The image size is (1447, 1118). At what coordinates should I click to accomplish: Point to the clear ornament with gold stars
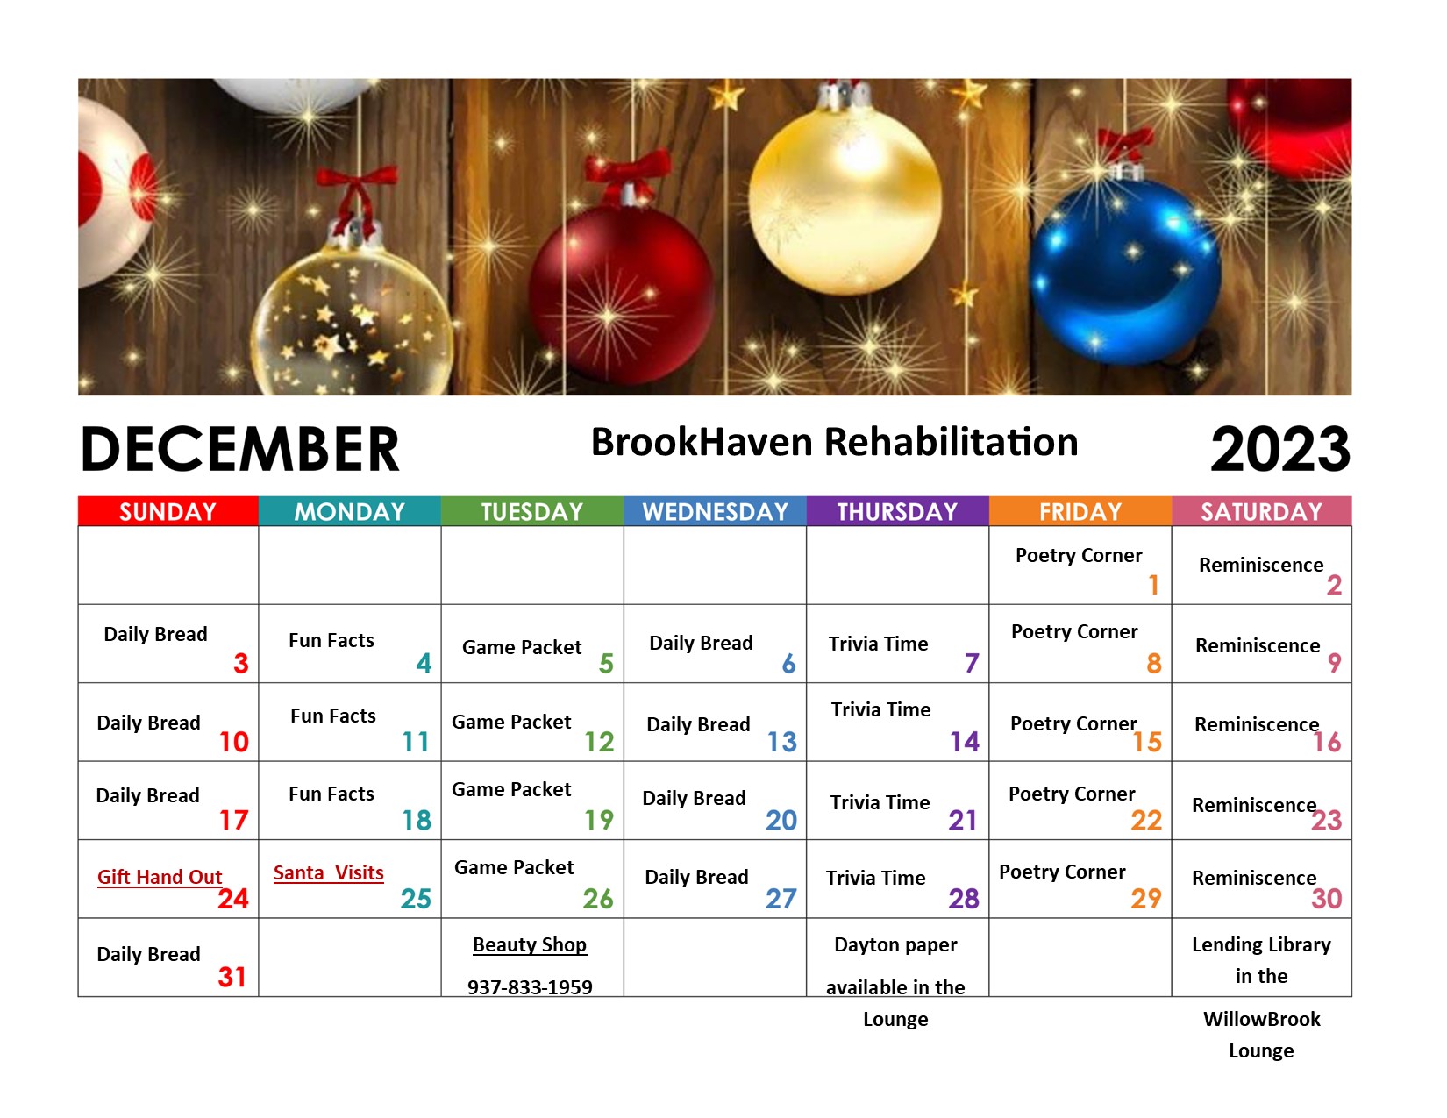pyautogui.click(x=352, y=323)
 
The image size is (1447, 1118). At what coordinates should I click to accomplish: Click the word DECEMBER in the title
pyautogui.click(x=239, y=449)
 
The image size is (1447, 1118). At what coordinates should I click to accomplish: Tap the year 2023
pyautogui.click(x=1279, y=450)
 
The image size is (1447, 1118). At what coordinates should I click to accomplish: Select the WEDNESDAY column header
pyautogui.click(x=715, y=510)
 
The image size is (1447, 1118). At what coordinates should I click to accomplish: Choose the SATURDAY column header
pyautogui.click(x=1261, y=510)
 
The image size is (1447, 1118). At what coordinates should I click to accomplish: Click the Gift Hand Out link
pyautogui.click(x=160, y=877)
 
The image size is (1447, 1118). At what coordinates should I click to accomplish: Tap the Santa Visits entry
pyautogui.click(x=328, y=872)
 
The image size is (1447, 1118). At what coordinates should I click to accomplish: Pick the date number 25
pyautogui.click(x=416, y=898)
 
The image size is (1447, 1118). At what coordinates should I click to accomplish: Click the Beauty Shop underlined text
pyautogui.click(x=530, y=944)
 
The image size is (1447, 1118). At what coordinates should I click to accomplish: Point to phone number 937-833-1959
pyautogui.click(x=530, y=986)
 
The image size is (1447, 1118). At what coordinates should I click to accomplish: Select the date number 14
pyautogui.click(x=964, y=742)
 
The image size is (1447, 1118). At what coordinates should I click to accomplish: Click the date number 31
pyautogui.click(x=232, y=977)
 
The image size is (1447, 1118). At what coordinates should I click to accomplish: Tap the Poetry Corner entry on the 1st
pyautogui.click(x=1078, y=555)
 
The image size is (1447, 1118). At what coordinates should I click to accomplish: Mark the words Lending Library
pyautogui.click(x=1261, y=944)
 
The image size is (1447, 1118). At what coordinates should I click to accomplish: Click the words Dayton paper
pyautogui.click(x=895, y=944)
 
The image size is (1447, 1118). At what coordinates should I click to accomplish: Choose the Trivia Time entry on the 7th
pyautogui.click(x=878, y=644)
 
